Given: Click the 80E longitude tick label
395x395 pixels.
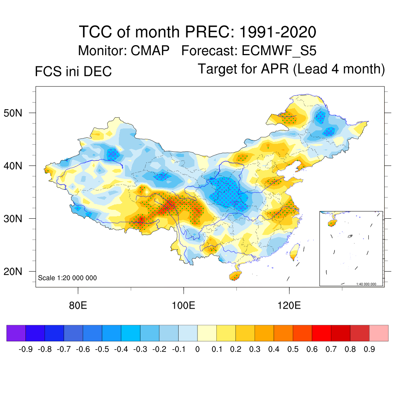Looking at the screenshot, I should click(78, 306).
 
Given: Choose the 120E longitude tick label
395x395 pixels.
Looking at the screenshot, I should click(289, 306).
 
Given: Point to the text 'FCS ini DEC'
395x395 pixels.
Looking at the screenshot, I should click(73, 72).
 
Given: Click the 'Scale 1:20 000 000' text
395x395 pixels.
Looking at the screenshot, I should click(68, 278).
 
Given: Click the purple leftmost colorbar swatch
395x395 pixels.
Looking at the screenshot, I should click(16, 333).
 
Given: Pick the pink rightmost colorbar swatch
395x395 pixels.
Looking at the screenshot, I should click(379, 333).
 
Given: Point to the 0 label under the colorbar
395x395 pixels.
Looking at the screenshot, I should click(197, 349).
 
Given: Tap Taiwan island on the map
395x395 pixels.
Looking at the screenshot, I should click(295, 252).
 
